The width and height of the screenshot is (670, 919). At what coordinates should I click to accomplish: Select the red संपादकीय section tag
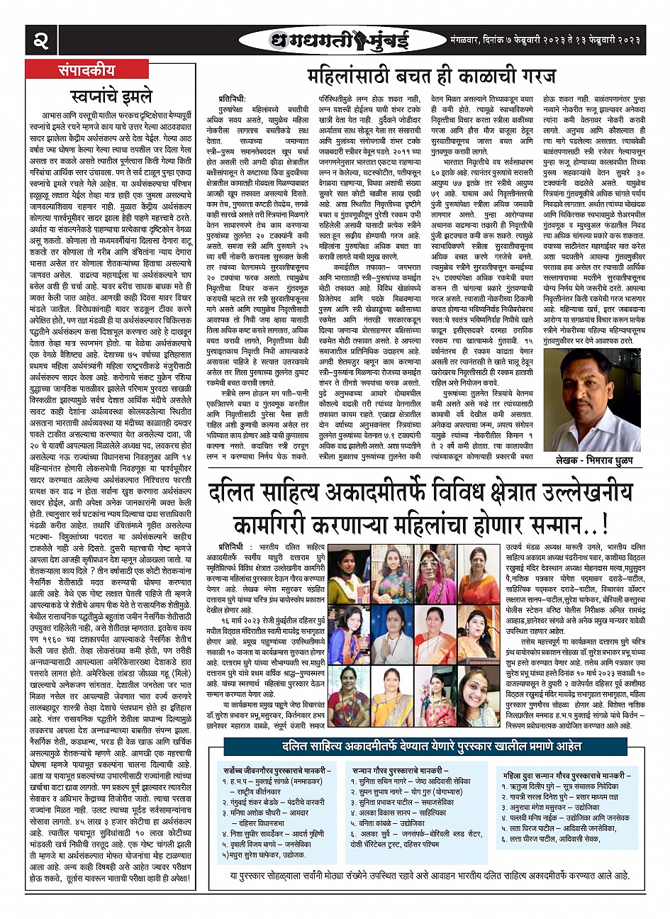[90, 70]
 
